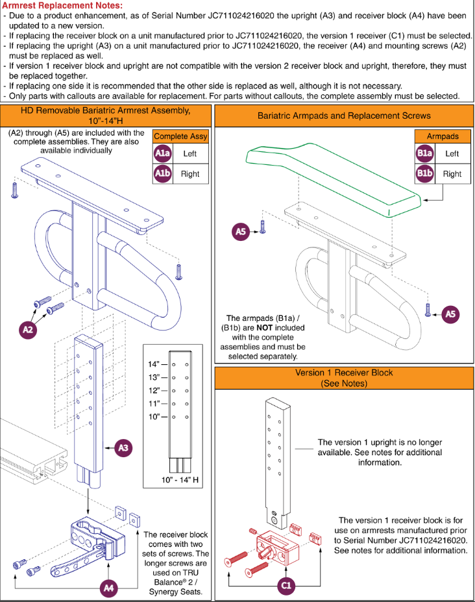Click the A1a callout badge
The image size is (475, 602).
pos(162,153)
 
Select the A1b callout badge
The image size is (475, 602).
pos(162,173)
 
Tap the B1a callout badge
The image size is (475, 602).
pos(425,153)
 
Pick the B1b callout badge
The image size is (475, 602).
pos(425,173)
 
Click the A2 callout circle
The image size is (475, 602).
pos(28,329)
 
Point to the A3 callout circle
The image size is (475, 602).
pos(123,447)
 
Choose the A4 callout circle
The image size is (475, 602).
pos(109,588)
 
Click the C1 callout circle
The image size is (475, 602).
pos(286,585)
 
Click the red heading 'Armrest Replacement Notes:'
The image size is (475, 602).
pos(62,5)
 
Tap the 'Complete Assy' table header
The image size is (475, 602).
pos(180,136)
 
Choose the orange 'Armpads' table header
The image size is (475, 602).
pos(443,136)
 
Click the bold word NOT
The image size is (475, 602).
pos(264,327)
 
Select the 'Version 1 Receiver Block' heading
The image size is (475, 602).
pos(344,372)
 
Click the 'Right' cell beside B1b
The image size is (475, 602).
pos(452,174)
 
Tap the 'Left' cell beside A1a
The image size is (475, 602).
pos(190,153)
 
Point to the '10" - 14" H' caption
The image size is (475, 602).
pos(180,479)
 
